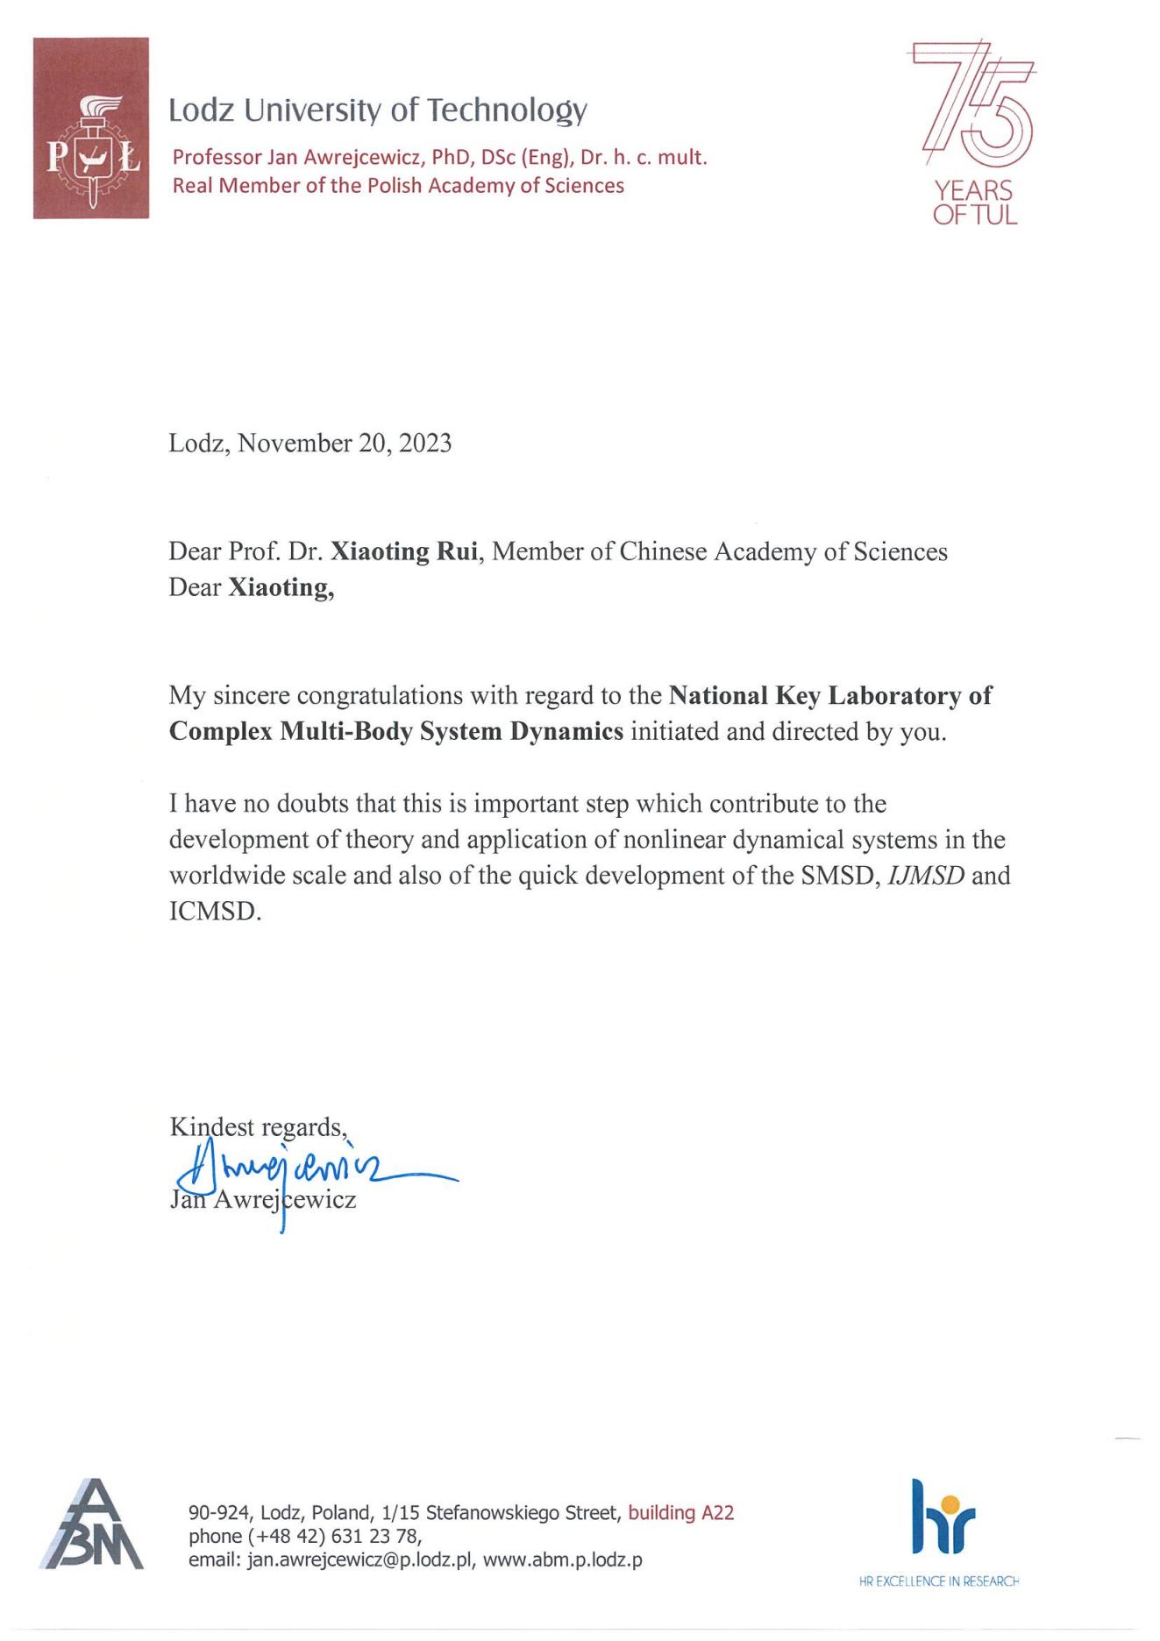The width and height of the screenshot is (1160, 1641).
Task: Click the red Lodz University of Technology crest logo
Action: click(x=90, y=128)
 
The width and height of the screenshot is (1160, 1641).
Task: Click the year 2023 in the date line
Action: click(x=425, y=444)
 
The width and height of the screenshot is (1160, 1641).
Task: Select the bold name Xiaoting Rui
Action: click(x=404, y=552)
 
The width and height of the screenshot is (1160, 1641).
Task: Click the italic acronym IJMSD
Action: click(x=926, y=876)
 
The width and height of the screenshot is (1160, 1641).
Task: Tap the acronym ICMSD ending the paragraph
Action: click(x=215, y=912)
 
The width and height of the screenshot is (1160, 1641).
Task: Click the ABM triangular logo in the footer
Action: click(x=92, y=1525)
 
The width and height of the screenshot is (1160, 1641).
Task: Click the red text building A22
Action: click(x=680, y=1512)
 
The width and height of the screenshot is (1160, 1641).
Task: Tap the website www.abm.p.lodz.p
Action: click(x=562, y=1560)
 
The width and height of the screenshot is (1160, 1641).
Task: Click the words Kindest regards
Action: click(x=258, y=1126)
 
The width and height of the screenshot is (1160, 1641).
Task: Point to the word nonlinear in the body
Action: click(x=673, y=840)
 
